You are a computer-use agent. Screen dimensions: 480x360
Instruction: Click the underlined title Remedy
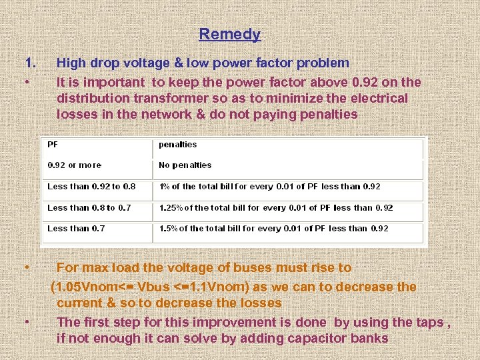(x=229, y=34)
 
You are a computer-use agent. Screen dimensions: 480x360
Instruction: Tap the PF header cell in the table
(x=53, y=145)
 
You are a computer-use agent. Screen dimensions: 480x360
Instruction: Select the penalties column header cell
(x=178, y=145)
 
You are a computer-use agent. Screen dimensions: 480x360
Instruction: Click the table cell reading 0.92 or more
(x=75, y=165)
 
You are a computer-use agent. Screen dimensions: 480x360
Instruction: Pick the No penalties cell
(x=185, y=165)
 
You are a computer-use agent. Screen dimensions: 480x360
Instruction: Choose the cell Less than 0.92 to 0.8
(x=91, y=187)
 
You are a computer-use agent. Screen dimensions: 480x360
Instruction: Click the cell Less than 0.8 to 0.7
(x=89, y=208)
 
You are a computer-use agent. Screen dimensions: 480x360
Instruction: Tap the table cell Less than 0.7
(x=76, y=229)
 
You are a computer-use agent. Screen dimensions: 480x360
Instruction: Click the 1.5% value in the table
(x=168, y=229)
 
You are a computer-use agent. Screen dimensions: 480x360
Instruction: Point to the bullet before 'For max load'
(x=27, y=267)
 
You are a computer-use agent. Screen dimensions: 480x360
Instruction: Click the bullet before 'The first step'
(x=27, y=322)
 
